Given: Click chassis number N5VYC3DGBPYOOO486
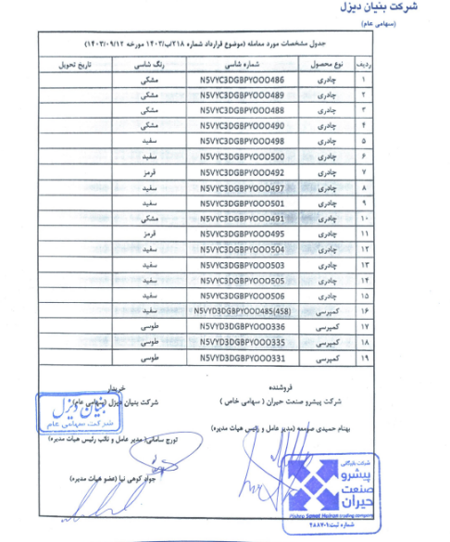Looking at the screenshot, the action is point(241,80).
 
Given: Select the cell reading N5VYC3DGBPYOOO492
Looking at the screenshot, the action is point(241,171).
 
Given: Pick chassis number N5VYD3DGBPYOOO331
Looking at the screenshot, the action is point(241,356).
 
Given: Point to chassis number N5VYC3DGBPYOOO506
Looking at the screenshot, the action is point(241,295).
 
